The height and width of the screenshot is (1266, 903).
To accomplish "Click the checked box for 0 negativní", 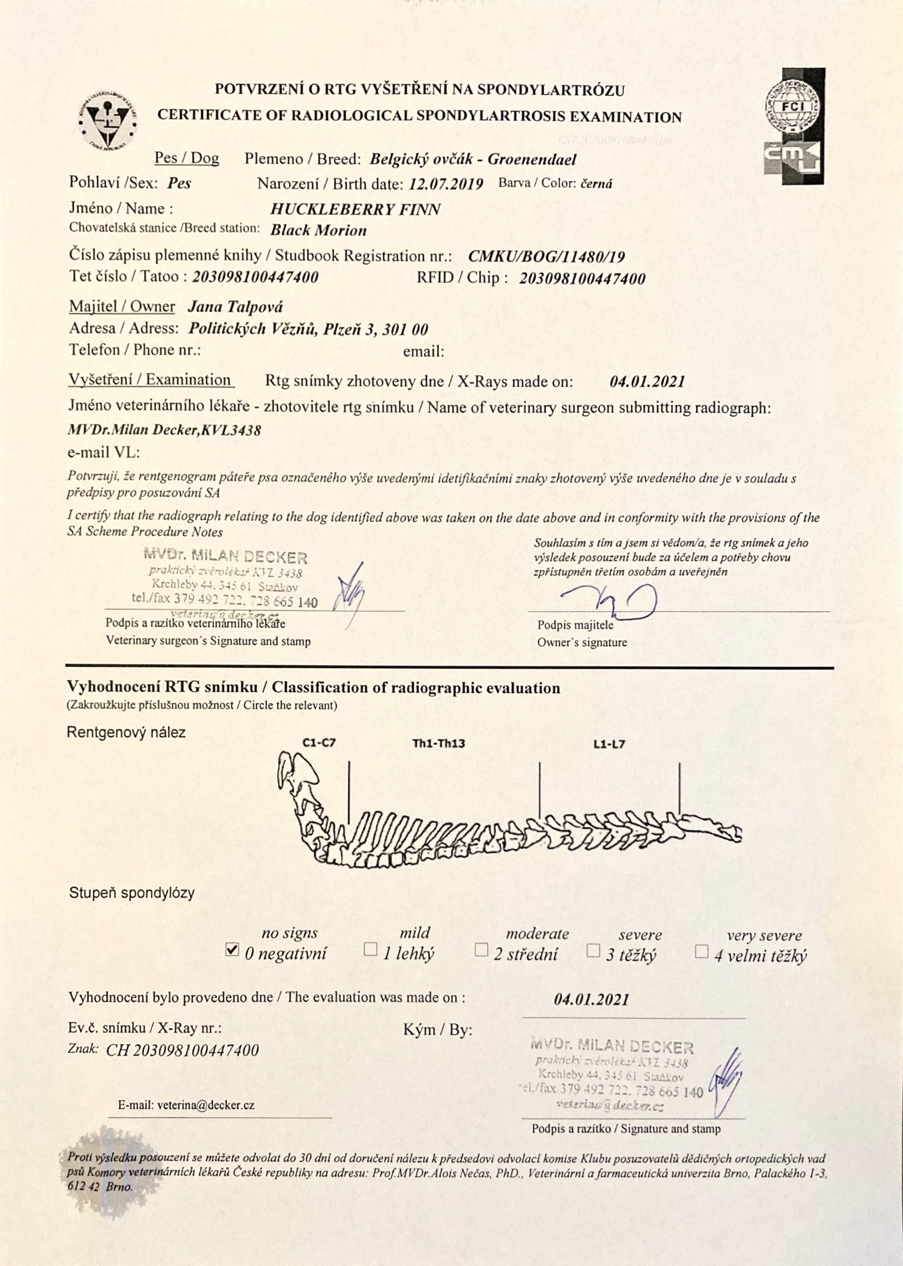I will tap(232, 949).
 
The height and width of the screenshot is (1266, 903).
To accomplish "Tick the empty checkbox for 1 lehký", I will tap(370, 949).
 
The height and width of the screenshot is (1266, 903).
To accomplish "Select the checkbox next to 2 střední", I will tap(482, 949).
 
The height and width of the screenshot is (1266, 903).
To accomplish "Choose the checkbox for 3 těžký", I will tap(593, 950).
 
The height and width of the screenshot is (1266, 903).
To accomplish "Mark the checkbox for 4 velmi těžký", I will tap(702, 952).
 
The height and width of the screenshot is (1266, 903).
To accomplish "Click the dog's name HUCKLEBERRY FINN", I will tap(355, 209).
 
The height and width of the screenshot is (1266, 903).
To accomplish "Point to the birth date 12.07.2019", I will tap(446, 184).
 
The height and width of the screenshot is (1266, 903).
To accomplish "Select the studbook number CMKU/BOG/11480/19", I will tap(547, 256).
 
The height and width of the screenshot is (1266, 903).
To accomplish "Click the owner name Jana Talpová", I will tap(235, 306).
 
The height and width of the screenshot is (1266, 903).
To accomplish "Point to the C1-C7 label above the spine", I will tap(319, 743).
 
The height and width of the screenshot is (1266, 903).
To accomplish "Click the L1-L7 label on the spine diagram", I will tap(609, 744).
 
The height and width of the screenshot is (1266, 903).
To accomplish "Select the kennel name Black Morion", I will tap(318, 230).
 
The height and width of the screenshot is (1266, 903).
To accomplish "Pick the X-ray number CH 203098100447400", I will tap(183, 1050).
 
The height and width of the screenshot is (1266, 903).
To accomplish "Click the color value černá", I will tap(596, 184).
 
